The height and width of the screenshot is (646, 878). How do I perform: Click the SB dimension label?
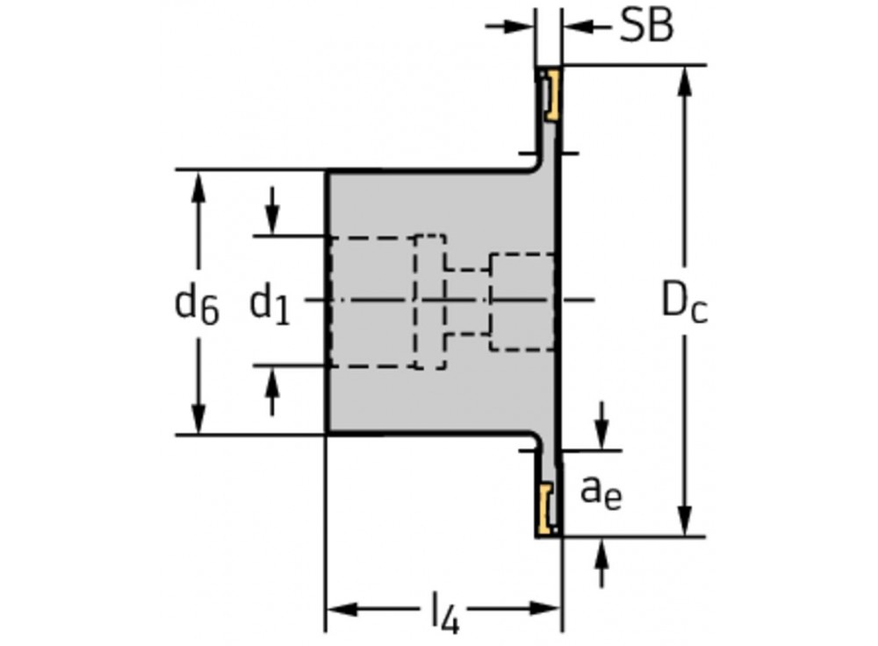646,26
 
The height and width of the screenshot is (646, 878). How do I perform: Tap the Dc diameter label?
684,303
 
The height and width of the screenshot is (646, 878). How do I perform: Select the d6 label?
198,305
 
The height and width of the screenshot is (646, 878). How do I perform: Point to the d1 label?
270,305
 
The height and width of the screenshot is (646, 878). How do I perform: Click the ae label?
601,492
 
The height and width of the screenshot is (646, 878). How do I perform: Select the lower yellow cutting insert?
548,509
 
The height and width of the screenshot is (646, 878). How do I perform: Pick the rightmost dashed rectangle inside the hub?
522,302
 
